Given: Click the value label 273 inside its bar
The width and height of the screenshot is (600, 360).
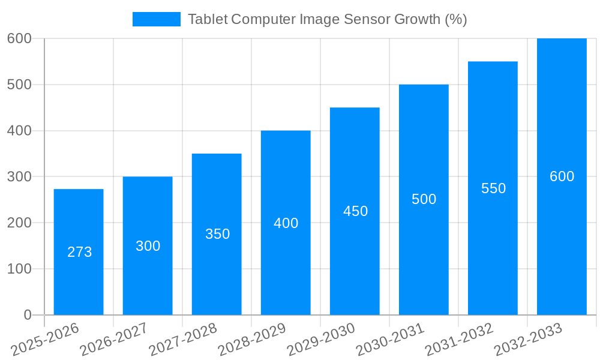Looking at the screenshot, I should (x=80, y=252).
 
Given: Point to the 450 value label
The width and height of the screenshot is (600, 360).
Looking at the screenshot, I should (x=355, y=211).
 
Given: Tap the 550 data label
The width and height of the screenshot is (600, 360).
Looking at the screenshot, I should (x=493, y=188).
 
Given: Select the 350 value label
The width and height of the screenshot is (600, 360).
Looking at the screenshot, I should (x=217, y=234).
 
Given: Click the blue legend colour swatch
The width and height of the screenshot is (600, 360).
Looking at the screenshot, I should (x=156, y=19).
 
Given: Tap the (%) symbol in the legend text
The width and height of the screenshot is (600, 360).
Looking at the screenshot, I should (x=455, y=19).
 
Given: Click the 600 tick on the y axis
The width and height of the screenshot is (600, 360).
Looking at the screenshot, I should (x=19, y=38).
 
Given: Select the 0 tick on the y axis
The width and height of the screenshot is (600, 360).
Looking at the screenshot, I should (x=27, y=315).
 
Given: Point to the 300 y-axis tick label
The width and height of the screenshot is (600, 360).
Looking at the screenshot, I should (x=19, y=176).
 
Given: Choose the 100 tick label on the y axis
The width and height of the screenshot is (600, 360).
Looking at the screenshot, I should (x=19, y=269).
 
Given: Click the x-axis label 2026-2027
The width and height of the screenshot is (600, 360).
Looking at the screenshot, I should (x=114, y=340).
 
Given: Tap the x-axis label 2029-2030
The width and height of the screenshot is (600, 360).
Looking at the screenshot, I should (x=321, y=340).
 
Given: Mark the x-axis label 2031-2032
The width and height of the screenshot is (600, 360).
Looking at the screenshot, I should (x=459, y=340).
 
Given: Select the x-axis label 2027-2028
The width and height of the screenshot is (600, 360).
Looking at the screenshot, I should (x=183, y=340).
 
